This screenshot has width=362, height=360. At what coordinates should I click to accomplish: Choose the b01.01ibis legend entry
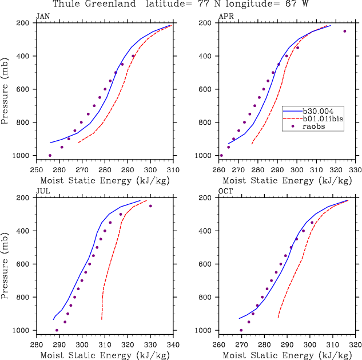[x=323, y=119]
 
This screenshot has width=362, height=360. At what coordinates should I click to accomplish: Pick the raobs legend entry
[x=315, y=127]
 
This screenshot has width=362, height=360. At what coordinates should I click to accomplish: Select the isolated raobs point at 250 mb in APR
[x=345, y=31]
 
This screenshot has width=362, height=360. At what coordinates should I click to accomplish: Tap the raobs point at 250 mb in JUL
[x=150, y=206]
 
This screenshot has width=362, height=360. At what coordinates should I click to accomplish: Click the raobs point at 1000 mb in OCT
[x=241, y=330]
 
